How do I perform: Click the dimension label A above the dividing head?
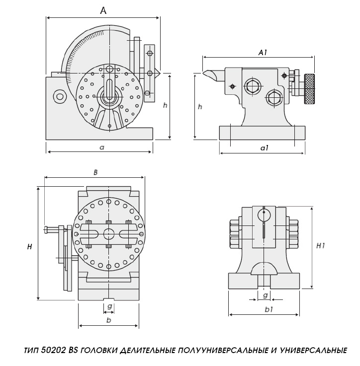click(103, 10)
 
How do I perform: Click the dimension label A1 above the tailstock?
click(264, 52)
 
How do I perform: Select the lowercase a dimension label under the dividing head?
click(101, 147)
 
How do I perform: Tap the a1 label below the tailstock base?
click(265, 148)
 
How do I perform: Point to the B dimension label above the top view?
click(95, 172)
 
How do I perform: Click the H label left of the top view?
click(30, 247)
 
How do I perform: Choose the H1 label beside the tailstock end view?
click(321, 246)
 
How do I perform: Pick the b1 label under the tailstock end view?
click(269, 309)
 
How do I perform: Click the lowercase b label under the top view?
click(108, 320)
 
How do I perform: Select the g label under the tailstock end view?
click(266, 295)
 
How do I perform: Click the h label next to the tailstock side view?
click(200, 107)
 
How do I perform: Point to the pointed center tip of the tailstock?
click(206, 73)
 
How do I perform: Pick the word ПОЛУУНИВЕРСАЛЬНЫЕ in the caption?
click(225, 351)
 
